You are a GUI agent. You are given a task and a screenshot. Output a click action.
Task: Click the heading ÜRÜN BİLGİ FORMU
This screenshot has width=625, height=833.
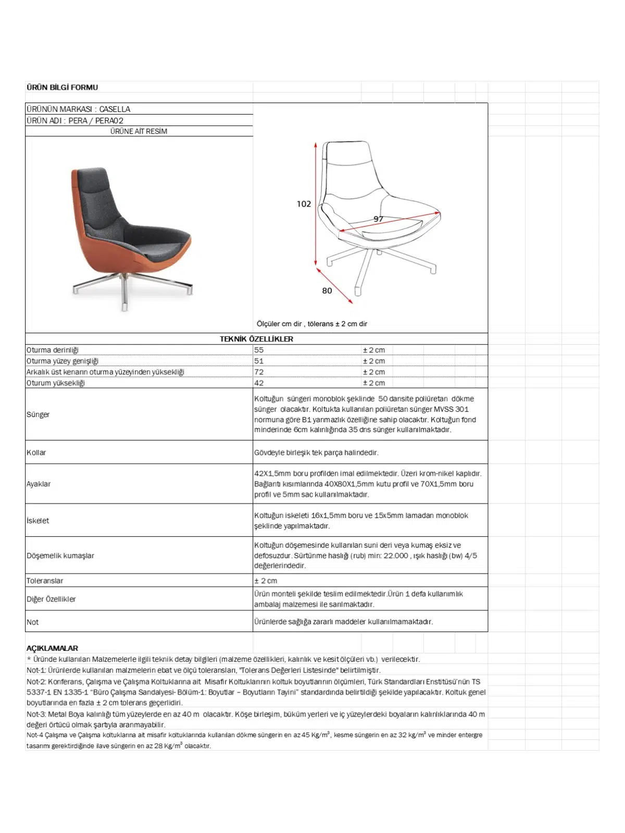[x=62, y=87]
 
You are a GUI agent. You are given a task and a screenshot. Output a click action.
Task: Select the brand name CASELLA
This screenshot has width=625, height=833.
[x=115, y=109]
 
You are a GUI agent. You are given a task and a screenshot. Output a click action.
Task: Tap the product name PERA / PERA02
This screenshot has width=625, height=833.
[x=96, y=121]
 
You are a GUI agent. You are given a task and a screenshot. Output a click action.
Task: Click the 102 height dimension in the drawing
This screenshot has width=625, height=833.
[x=304, y=204]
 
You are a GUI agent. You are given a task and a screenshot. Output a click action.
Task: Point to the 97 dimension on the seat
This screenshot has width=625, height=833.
[x=378, y=219]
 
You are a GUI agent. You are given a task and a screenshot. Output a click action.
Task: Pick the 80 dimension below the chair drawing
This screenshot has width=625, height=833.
[x=327, y=291]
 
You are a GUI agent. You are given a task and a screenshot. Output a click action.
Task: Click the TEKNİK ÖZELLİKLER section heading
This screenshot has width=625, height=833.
[x=256, y=339]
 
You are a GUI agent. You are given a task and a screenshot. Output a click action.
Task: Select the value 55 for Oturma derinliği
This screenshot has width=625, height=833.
[x=259, y=350]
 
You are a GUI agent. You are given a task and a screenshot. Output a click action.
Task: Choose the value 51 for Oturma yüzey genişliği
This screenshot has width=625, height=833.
[x=259, y=361]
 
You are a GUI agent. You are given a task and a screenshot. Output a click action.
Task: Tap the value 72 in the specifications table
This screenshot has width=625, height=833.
[x=259, y=372]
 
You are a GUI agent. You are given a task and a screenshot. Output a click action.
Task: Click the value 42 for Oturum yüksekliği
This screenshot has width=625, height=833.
[x=259, y=383]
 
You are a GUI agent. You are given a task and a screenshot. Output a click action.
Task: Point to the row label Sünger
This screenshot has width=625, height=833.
[x=38, y=415]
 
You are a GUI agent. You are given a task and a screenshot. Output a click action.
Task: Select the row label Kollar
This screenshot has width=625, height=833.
[x=36, y=453]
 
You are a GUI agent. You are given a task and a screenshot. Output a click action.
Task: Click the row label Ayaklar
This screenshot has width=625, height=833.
[x=39, y=484]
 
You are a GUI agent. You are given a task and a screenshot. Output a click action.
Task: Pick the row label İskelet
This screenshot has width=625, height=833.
[x=38, y=521]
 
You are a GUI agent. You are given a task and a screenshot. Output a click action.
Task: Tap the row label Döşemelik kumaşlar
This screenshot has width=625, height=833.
[x=60, y=556]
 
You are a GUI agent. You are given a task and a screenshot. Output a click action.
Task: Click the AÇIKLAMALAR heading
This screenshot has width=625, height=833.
[x=52, y=649]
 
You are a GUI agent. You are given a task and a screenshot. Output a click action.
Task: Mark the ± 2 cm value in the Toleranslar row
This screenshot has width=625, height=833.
[x=266, y=581]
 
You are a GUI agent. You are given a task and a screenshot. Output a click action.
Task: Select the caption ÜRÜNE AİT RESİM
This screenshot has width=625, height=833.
[x=139, y=132]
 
